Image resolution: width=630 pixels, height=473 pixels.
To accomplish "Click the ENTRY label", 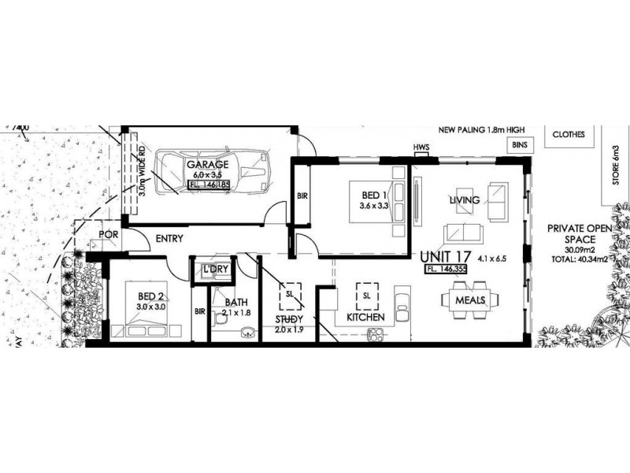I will pyautogui.click(x=170, y=238).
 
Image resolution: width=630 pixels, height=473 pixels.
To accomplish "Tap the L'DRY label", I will pyautogui.click(x=215, y=270).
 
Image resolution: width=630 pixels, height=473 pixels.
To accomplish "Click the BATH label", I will pyautogui.click(x=236, y=301).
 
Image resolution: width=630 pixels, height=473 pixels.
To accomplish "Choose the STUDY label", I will pyautogui.click(x=290, y=319).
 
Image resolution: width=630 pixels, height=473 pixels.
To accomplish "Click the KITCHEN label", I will pyautogui.click(x=365, y=317).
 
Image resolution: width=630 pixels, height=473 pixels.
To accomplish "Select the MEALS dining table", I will pyautogui.click(x=471, y=300).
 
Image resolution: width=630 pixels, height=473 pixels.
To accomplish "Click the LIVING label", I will pyautogui.click(x=464, y=200).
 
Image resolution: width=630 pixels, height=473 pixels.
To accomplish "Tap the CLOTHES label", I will pyautogui.click(x=569, y=134).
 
